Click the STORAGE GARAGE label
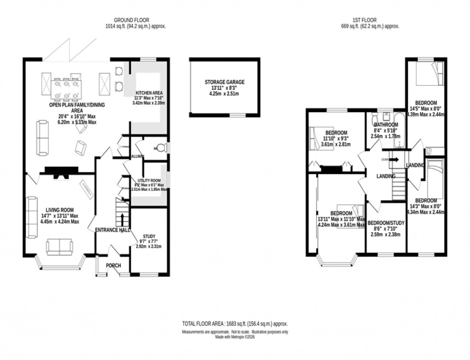click(224, 82)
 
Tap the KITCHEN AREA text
click(149, 93)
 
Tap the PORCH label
click(113, 266)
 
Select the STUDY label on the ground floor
click(149, 236)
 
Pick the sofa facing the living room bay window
click(59, 247)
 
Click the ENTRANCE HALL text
click(113, 230)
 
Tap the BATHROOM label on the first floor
click(386, 125)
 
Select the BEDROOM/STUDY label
click(386, 223)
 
